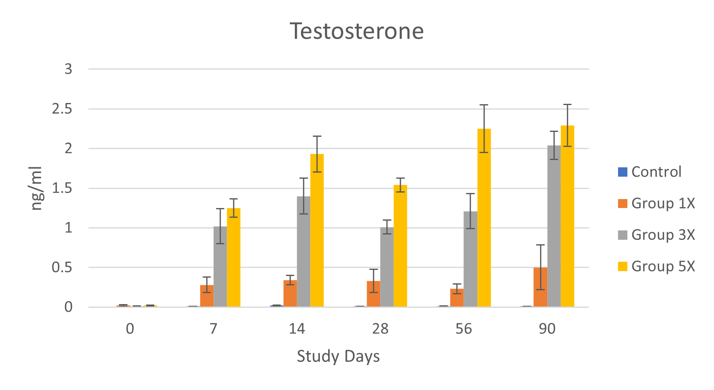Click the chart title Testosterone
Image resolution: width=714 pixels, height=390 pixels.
tap(357, 31)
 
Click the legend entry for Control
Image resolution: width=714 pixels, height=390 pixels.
tap(649, 172)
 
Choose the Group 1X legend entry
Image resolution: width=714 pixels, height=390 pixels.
tap(656, 203)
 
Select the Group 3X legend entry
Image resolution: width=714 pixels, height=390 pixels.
tap(656, 235)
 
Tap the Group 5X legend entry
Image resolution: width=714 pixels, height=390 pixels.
tap(656, 266)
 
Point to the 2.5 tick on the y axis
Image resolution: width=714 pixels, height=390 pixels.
tap(62, 109)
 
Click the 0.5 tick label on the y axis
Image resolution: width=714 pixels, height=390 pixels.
tap(62, 267)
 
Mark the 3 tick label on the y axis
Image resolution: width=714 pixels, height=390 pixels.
tap(68, 69)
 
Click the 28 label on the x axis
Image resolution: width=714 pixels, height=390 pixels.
tap(380, 329)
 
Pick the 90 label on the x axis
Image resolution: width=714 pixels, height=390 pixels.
tap(547, 329)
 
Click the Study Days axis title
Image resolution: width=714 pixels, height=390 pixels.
tap(338, 356)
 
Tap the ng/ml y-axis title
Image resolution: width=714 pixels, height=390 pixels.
tap(37, 188)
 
